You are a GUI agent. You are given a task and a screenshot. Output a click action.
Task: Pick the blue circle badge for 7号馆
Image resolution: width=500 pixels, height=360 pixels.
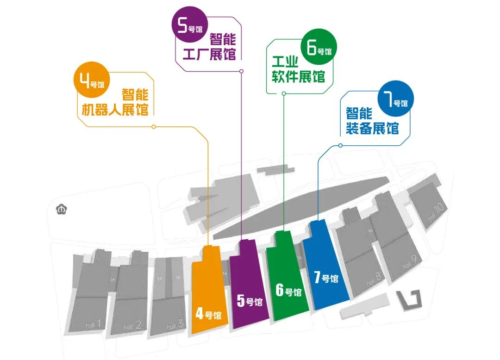[394, 98]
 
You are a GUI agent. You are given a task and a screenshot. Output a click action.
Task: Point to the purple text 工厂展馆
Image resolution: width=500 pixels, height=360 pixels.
[209, 53]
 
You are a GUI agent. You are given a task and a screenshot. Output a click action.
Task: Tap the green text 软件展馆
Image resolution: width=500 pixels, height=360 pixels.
[298, 76]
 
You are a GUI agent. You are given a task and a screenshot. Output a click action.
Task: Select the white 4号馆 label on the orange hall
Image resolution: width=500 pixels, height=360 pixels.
[208, 315]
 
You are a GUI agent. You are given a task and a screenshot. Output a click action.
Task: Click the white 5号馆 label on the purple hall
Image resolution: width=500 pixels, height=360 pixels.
[250, 301]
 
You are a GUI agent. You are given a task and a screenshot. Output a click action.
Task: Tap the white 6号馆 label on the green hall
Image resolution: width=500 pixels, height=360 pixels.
[288, 291]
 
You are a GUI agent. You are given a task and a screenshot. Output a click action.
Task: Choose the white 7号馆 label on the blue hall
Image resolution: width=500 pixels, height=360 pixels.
[326, 278]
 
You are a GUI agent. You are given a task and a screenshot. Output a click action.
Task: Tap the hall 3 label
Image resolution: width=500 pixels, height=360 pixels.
[176, 324]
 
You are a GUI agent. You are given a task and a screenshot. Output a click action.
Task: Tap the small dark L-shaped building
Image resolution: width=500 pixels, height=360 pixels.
[411, 299]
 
